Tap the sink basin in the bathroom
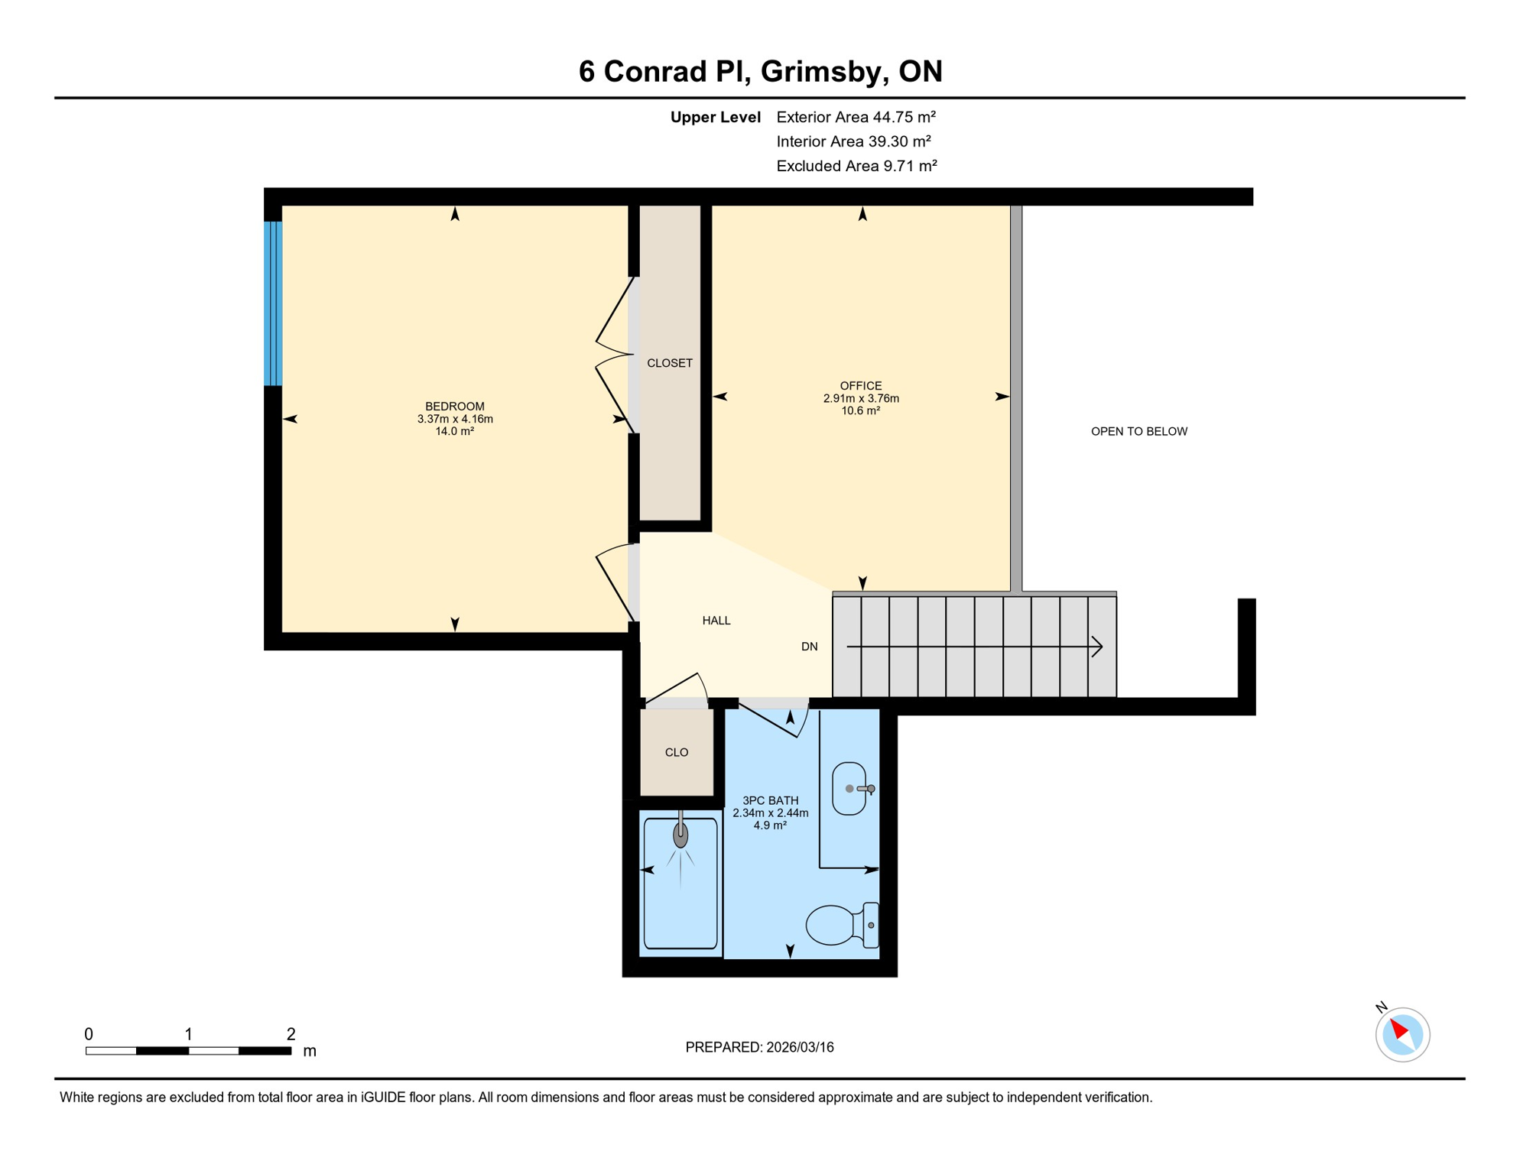click(848, 789)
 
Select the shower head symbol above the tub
click(680, 835)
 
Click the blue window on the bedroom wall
click(273, 303)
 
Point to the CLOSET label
click(669, 363)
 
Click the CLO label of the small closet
click(676, 752)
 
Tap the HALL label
click(716, 621)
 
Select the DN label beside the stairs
click(809, 647)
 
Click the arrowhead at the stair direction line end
click(1097, 647)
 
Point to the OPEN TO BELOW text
click(1138, 431)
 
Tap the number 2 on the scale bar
click(291, 1034)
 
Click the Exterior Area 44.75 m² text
click(856, 117)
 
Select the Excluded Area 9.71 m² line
click(856, 166)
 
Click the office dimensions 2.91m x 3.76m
click(860, 398)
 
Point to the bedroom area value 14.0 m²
click(454, 431)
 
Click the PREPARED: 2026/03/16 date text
click(759, 1047)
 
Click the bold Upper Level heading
click(715, 117)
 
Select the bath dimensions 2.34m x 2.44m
click(770, 812)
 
